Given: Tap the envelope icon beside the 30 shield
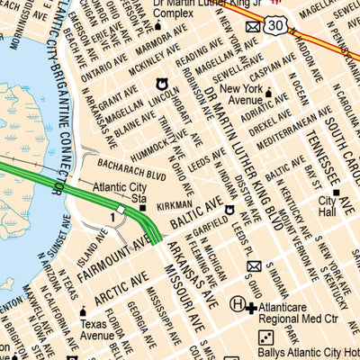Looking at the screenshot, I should click(254, 29).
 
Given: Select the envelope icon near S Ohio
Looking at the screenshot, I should click(254, 266).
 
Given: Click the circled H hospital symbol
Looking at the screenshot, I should click(238, 305).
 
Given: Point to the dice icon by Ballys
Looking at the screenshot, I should click(266, 337).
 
